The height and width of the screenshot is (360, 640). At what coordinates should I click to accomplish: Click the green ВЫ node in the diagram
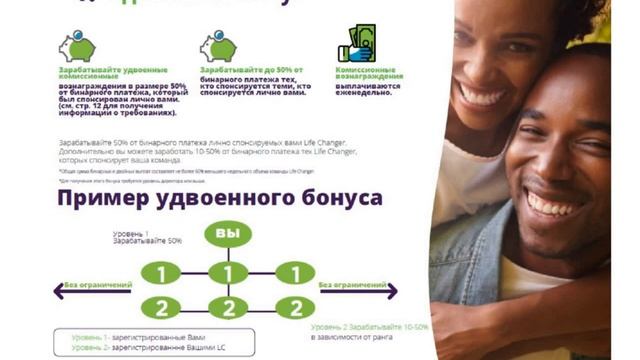228,234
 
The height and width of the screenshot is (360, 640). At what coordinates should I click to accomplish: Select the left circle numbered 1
161,273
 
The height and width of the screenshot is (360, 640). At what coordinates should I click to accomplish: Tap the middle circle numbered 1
228,273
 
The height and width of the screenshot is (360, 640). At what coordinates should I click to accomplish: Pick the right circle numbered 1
295,273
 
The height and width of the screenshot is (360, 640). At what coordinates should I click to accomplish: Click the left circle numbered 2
161,308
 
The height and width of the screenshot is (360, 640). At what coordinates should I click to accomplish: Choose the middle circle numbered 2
228,308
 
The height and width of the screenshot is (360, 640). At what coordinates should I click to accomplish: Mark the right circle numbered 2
295,308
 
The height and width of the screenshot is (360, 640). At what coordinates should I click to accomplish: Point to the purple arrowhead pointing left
61,291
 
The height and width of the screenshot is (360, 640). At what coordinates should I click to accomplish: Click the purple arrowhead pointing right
393,291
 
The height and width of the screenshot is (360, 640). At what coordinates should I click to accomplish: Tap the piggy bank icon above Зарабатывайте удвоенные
75,46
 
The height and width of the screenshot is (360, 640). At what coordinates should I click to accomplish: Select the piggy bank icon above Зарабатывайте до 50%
217,46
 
